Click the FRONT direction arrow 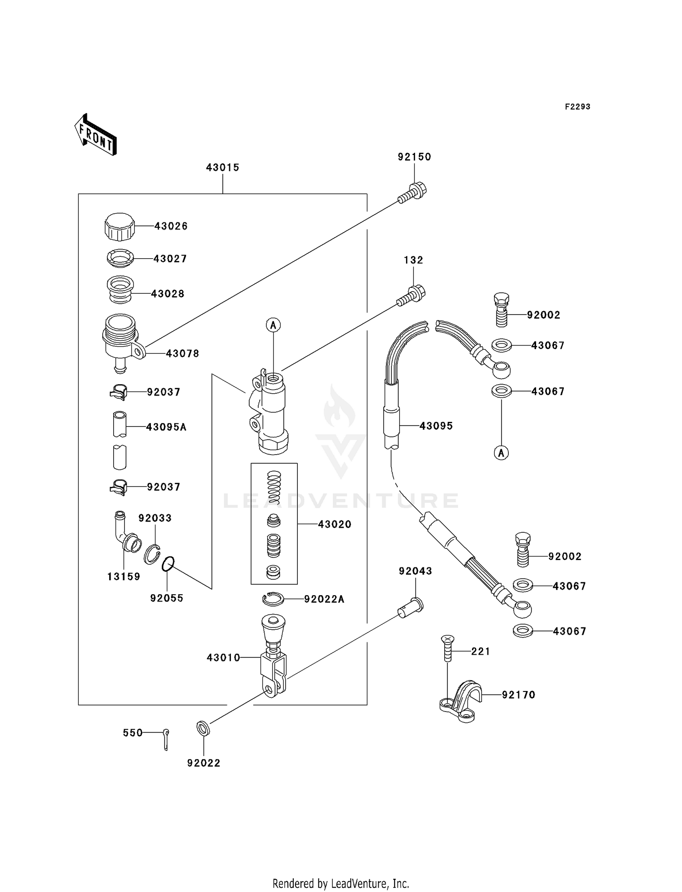pos(95,135)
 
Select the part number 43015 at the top pos(222,167)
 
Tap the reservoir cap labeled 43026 pos(120,226)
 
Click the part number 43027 pos(170,259)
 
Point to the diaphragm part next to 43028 pos(120,290)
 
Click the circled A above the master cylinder pos(273,325)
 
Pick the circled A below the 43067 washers pos(501,453)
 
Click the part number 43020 pos(335,524)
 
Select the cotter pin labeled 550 pos(166,739)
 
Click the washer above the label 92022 pos(203,728)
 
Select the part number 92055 pos(166,598)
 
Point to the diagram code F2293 pos(577,107)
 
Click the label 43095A pos(166,427)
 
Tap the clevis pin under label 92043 pos(411,608)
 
